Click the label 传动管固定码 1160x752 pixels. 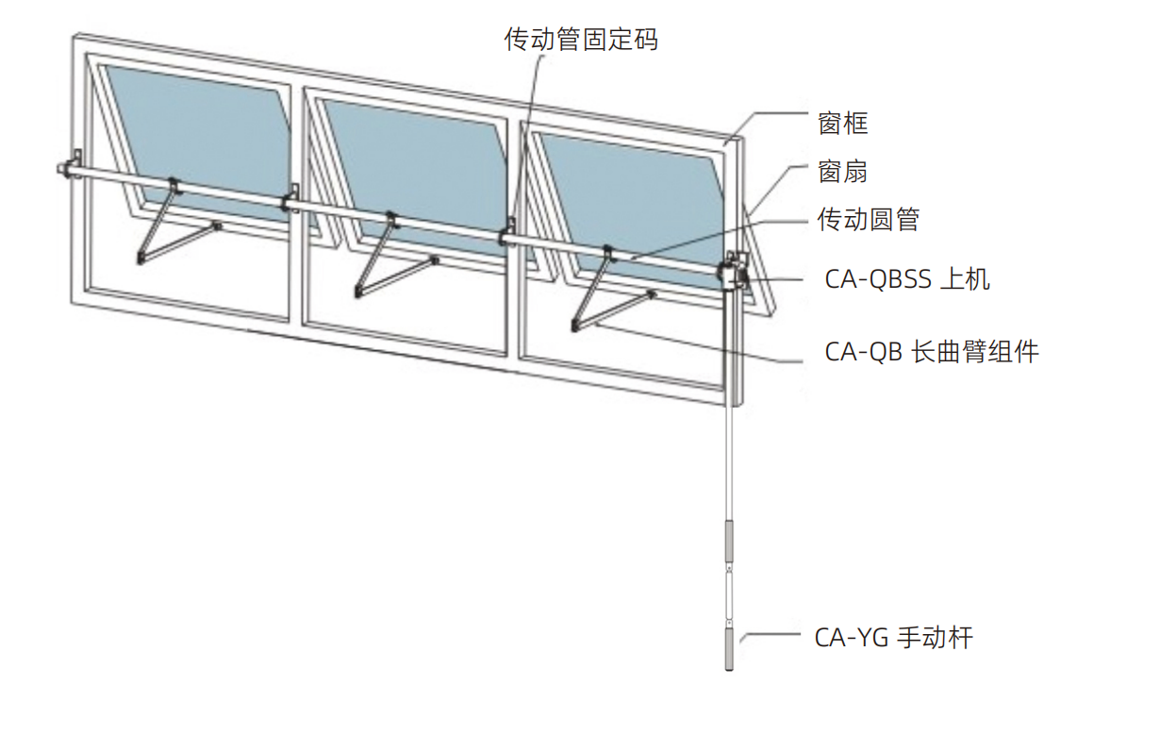point(581,40)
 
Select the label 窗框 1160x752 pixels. point(842,124)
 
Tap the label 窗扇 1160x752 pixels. point(842,172)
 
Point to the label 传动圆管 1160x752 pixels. point(869,219)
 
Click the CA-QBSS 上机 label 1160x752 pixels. point(907,279)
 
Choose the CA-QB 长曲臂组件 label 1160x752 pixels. point(932,352)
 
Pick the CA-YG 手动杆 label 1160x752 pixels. point(894,637)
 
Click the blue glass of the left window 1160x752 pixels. point(202,135)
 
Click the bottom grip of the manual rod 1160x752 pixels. point(729,650)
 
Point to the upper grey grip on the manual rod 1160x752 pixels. point(729,542)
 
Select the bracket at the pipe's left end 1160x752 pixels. point(70,166)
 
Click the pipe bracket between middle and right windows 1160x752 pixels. point(508,233)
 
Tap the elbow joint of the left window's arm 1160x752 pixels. point(141,258)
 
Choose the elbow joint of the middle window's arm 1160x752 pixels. point(358,292)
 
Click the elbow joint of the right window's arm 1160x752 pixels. point(575,326)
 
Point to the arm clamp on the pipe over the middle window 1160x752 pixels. point(392,219)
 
